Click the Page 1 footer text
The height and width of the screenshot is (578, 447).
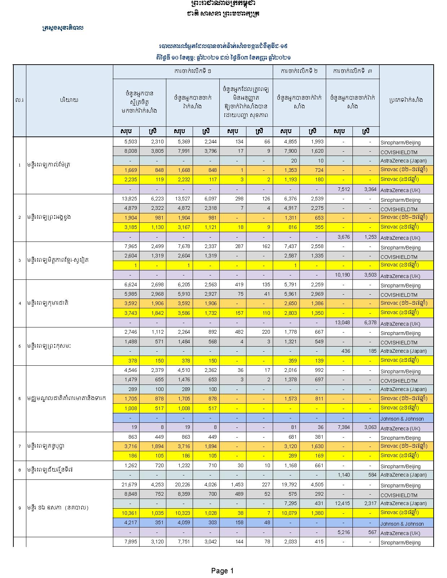tap(222, 571)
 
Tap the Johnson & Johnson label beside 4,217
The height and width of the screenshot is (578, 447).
tap(402, 524)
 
